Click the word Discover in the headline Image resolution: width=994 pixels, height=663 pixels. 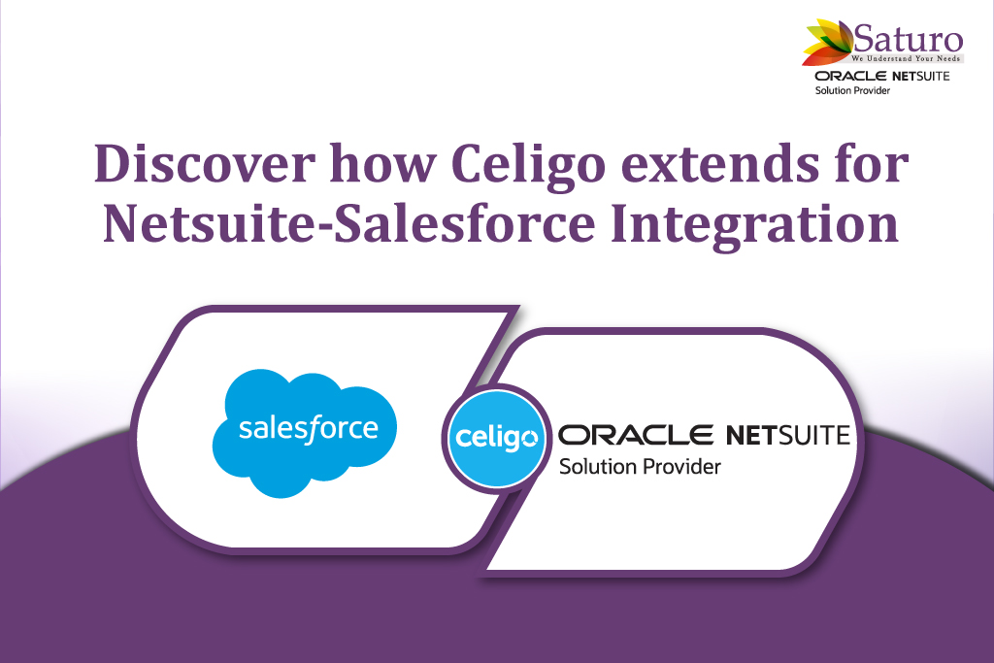[x=204, y=163]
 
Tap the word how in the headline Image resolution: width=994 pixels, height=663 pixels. [x=382, y=163]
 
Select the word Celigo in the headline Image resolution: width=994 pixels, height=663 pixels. [x=529, y=166]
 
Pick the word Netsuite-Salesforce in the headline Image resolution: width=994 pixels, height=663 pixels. [x=349, y=223]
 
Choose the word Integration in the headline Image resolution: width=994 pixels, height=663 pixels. [x=754, y=227]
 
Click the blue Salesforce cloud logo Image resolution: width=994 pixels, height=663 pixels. [x=305, y=433]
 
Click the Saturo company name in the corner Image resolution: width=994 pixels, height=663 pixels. [x=908, y=39]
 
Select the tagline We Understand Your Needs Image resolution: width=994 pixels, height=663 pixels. [x=906, y=58]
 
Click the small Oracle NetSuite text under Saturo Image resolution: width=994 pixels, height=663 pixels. [x=882, y=76]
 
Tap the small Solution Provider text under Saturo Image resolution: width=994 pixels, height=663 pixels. [x=852, y=90]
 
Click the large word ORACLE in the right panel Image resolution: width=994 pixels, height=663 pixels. [x=635, y=435]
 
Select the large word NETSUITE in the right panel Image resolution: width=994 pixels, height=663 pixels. [x=788, y=435]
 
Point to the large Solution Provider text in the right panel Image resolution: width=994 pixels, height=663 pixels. [x=640, y=467]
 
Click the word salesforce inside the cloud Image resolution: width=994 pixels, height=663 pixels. [x=308, y=428]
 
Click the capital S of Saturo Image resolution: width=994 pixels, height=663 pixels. [x=862, y=39]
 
